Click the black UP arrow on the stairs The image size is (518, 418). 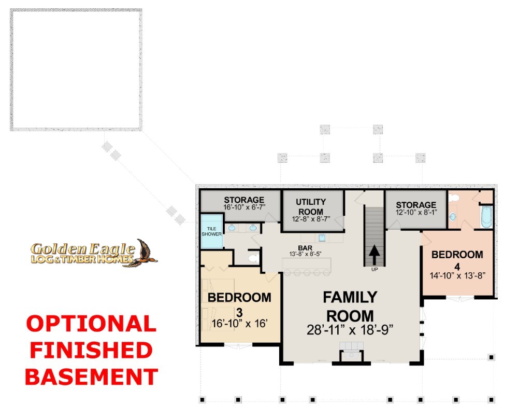click(x=375, y=254)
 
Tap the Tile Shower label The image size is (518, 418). click(x=211, y=231)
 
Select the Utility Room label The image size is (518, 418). click(x=311, y=207)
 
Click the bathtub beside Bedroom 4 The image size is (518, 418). click(x=486, y=217)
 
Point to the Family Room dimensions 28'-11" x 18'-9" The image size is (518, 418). click(x=350, y=330)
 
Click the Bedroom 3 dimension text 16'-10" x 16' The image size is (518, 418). click(x=239, y=324)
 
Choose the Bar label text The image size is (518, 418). click(x=305, y=248)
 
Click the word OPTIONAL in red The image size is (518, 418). click(x=91, y=324)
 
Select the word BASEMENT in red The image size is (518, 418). click(x=92, y=377)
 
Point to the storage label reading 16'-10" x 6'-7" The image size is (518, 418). click(x=244, y=207)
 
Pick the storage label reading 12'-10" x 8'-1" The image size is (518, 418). click(x=416, y=212)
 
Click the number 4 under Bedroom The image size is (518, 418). click(x=457, y=266)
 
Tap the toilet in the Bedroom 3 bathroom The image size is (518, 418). click(x=254, y=258)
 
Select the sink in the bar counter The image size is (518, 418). click(x=322, y=238)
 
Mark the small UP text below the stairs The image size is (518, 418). click(x=375, y=270)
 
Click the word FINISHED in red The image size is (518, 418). click(x=91, y=350)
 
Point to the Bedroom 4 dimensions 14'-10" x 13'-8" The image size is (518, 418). click(x=457, y=275)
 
